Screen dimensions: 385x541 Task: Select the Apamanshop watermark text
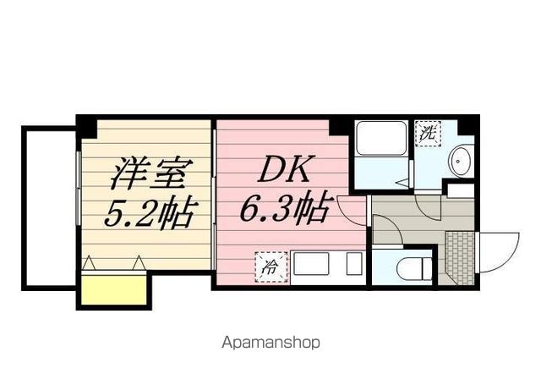click(270, 344)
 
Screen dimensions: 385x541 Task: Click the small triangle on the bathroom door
click(405, 180)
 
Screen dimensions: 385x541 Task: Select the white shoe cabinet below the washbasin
click(462, 190)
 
